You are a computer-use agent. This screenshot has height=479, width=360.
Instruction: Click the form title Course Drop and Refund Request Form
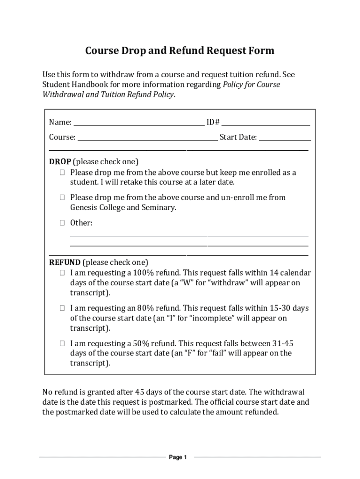tap(180, 51)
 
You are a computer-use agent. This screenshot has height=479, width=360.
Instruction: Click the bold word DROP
tap(60, 162)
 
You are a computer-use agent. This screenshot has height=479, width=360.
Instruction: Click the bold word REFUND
tap(65, 262)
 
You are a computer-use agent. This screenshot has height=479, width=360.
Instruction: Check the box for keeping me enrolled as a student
tap(62, 173)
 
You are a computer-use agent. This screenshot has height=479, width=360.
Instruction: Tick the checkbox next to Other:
tap(62, 223)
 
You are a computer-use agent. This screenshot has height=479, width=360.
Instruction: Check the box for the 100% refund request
tap(62, 273)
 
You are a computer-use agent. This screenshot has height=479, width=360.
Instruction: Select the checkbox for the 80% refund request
tap(62, 308)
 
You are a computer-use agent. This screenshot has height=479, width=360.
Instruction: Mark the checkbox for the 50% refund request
tap(62, 343)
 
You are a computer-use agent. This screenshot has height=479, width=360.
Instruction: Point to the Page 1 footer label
tap(178, 457)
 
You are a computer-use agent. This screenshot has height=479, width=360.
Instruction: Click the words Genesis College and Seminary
tap(123, 208)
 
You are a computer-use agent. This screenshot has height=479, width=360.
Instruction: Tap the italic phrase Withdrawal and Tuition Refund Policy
tap(108, 94)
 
